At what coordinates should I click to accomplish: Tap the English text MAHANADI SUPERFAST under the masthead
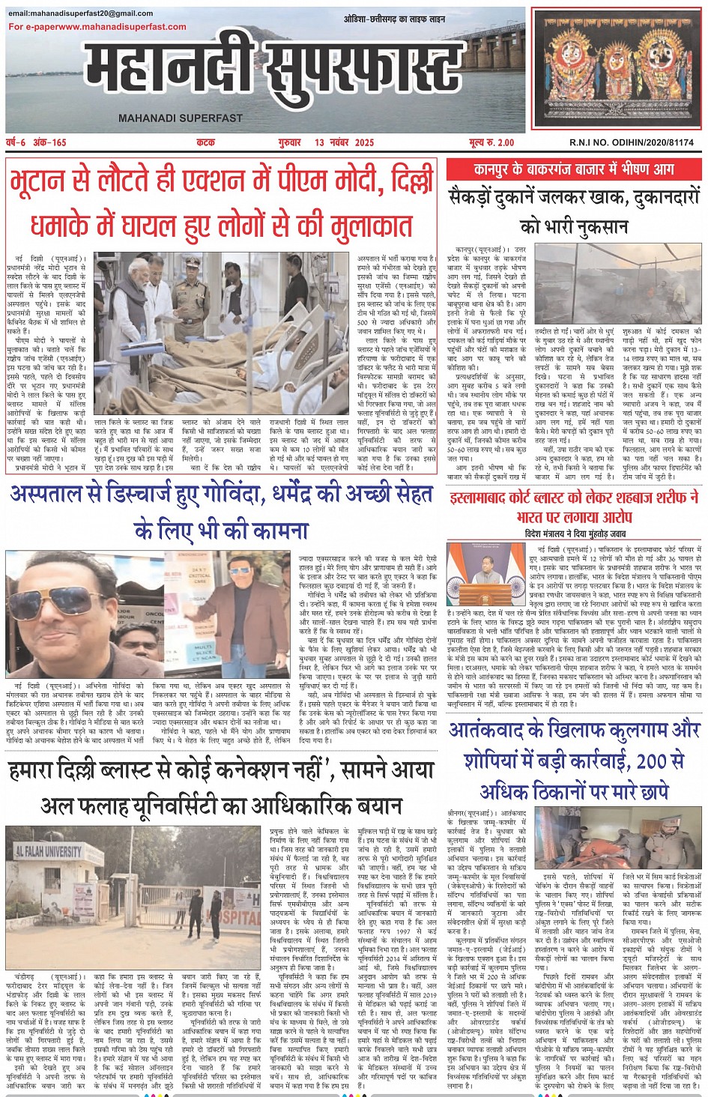181,118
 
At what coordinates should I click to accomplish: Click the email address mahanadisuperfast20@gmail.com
81,13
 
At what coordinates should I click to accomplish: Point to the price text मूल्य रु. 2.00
491,142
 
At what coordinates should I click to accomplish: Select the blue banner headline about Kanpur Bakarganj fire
573,169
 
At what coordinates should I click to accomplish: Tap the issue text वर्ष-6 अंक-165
37,142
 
